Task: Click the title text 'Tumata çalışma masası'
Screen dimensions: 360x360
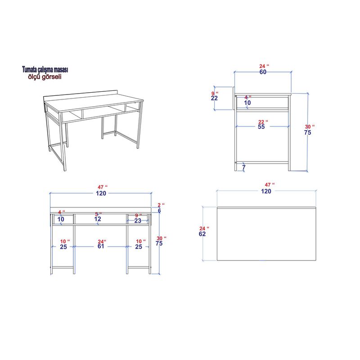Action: coord(45,70)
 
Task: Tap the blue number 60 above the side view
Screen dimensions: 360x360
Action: coord(263,72)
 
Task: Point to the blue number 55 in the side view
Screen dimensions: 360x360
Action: coord(261,127)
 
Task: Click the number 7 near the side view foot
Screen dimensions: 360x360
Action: coord(243,167)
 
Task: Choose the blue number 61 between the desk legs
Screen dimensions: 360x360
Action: coord(101,247)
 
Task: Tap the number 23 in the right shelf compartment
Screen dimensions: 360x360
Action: coord(138,220)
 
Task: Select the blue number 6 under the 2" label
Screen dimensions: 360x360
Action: coord(159,210)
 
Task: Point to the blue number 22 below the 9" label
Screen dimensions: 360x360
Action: coord(214,99)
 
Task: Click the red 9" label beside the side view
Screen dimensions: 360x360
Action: coord(214,93)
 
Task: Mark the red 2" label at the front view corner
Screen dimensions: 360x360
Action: coord(158,205)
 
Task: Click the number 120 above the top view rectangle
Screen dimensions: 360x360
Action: coord(266,191)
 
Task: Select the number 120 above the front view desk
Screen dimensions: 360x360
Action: coord(100,193)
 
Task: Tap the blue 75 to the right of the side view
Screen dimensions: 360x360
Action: coord(308,133)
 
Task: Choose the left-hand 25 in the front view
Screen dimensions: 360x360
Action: coord(63,247)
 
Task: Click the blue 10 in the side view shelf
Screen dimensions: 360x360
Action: coord(247,103)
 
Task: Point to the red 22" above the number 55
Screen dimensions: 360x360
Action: coord(262,121)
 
